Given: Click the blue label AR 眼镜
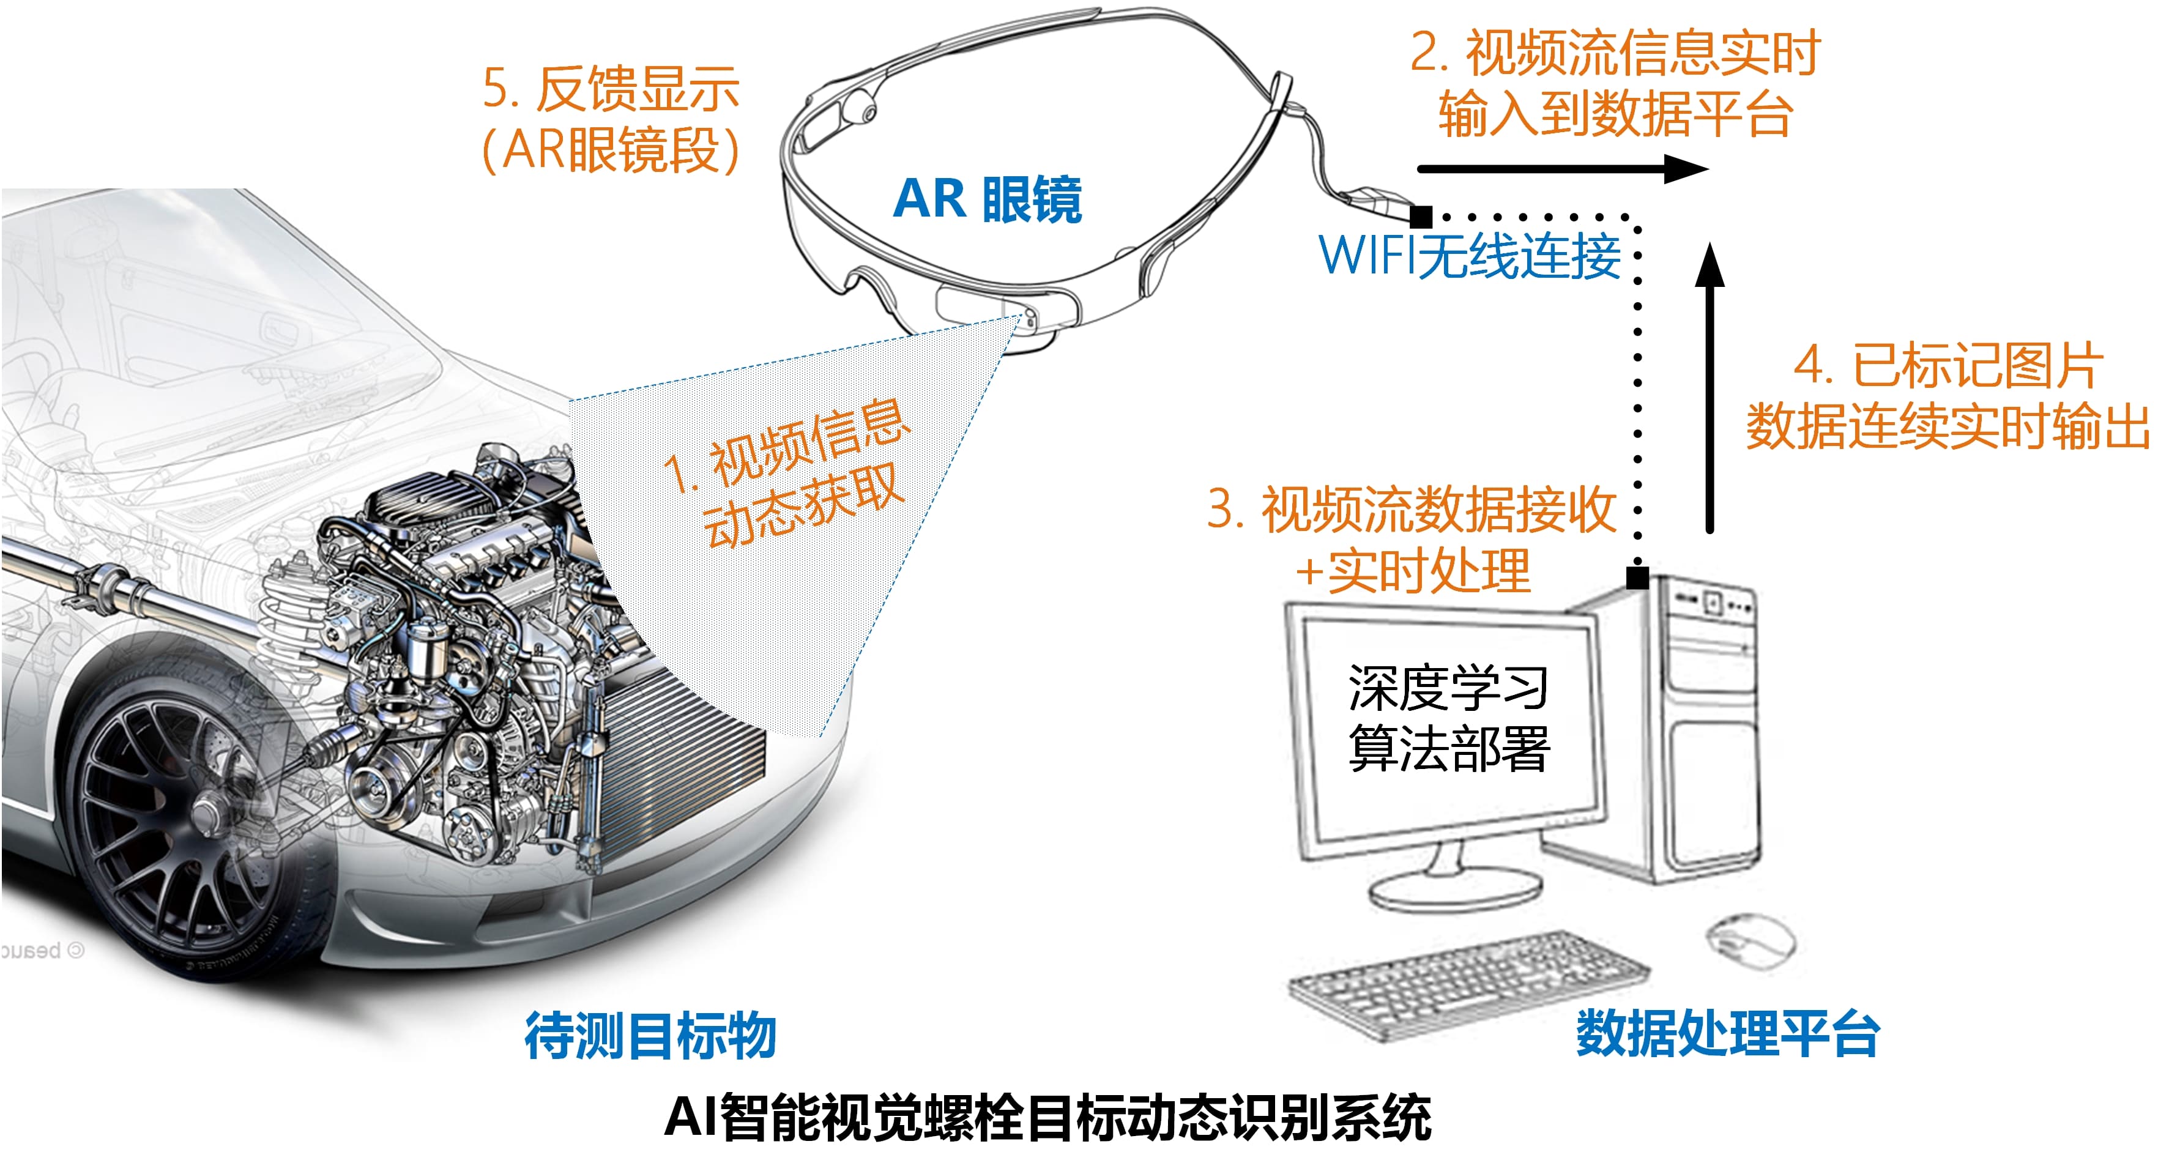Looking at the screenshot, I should point(987,200).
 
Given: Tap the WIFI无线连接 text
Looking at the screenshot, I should point(1469,256).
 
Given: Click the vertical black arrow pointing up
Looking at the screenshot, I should point(1709,389).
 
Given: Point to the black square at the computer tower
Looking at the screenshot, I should point(1637,578).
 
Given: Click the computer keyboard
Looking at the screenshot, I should point(1468,983).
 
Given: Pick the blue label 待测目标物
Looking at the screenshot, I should point(650,1035).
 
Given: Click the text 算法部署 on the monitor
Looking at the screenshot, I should point(1448,748).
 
